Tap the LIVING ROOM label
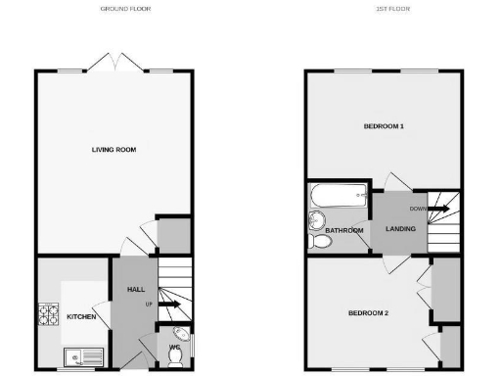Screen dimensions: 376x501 pos(114,150)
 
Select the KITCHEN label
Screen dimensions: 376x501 pos(81,317)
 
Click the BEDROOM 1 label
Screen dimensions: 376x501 pos(384,126)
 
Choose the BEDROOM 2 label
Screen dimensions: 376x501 pos(369,313)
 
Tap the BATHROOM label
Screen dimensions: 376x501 pos(344,231)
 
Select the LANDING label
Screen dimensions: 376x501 pos(400,229)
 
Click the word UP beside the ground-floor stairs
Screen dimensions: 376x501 pos(148,304)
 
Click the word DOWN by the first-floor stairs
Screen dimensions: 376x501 pos(418,208)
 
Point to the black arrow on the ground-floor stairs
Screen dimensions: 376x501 pos(169,305)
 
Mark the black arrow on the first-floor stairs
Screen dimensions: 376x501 pos(440,208)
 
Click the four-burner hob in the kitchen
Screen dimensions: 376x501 pos(49,315)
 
